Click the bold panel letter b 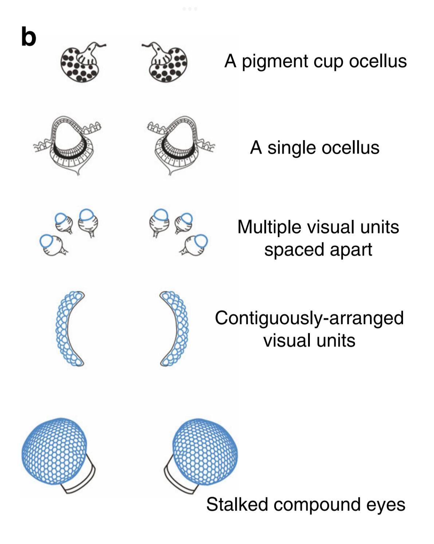pos(28,37)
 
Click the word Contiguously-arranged pos(309,318)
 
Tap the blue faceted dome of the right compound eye pos(205,452)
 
